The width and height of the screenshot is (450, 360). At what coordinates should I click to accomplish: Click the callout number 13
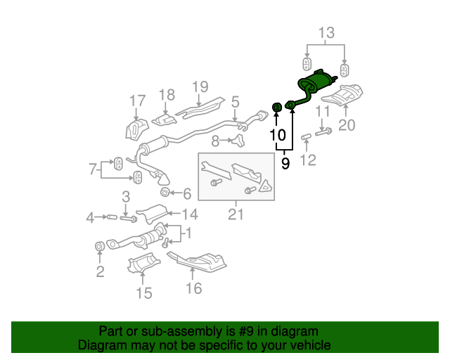(x=326, y=33)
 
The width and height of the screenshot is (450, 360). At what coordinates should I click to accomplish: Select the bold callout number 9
(x=285, y=163)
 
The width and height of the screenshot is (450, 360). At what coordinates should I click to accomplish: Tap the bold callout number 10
(x=278, y=135)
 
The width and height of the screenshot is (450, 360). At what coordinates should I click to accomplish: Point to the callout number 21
(x=236, y=214)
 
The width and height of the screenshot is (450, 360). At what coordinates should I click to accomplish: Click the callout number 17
(x=138, y=101)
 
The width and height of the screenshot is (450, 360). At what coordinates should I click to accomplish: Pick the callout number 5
(x=235, y=102)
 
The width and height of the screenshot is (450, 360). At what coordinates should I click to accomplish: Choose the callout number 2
(x=100, y=271)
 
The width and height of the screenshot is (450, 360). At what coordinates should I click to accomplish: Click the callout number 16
(x=194, y=288)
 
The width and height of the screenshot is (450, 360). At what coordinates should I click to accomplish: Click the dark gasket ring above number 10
(x=276, y=108)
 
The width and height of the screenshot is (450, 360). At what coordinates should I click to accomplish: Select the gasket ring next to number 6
(x=165, y=192)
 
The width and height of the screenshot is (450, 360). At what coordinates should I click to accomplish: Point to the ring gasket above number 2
(x=100, y=246)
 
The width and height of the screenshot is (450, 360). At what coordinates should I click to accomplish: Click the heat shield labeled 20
(x=342, y=94)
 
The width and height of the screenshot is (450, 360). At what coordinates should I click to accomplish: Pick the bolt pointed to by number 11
(x=323, y=132)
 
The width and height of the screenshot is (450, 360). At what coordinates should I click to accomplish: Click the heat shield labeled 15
(x=143, y=263)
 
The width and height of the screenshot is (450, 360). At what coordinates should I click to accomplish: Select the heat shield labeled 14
(x=152, y=213)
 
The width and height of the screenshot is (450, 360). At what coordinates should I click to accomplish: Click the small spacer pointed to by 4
(x=112, y=217)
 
